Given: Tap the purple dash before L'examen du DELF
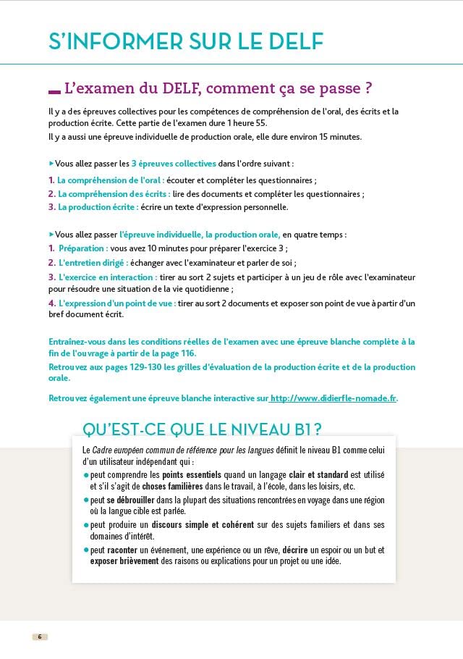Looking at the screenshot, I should click(54, 91).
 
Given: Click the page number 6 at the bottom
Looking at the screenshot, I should click(40, 637).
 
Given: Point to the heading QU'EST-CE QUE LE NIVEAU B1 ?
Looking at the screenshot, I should click(203, 429).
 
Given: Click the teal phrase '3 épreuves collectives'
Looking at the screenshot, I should click(174, 164).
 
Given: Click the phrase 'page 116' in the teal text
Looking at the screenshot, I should click(177, 353).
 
